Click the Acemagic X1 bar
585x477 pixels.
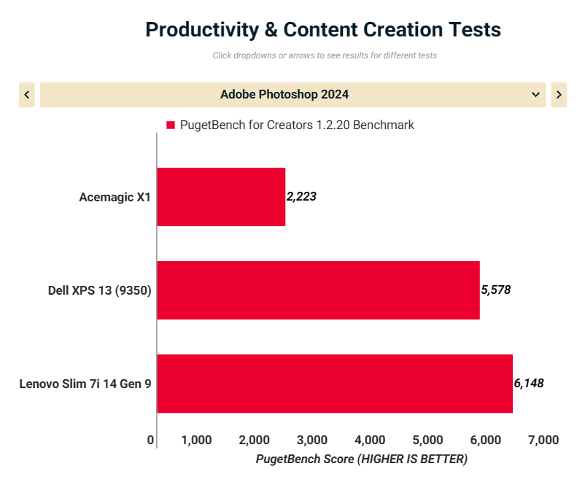pyautogui.click(x=221, y=197)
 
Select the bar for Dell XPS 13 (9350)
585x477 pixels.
pyautogui.click(x=318, y=290)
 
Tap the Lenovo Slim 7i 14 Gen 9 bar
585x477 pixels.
pyautogui.click(x=335, y=384)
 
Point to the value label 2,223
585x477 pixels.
pyautogui.click(x=301, y=196)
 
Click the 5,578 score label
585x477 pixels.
pyautogui.click(x=495, y=290)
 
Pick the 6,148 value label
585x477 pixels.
pyautogui.click(x=529, y=383)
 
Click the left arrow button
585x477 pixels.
pyautogui.click(x=27, y=95)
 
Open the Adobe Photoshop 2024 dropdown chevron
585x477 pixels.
pyautogui.click(x=536, y=95)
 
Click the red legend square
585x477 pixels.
pyautogui.click(x=171, y=125)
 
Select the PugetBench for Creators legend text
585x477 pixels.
pyautogui.click(x=297, y=125)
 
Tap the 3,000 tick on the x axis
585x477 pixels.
pyautogui.click(x=312, y=440)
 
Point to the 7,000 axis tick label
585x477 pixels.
pyautogui.click(x=543, y=440)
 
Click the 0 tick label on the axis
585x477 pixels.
pyautogui.click(x=151, y=440)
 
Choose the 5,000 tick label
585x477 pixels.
pyautogui.click(x=428, y=440)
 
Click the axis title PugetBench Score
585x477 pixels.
pyautogui.click(x=362, y=459)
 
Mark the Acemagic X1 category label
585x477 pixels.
pyautogui.click(x=115, y=197)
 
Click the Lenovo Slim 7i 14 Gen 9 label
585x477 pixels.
pyautogui.click(x=85, y=384)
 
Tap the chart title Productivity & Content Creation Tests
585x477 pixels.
pyautogui.click(x=323, y=30)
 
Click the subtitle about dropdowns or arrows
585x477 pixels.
pyautogui.click(x=325, y=55)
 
